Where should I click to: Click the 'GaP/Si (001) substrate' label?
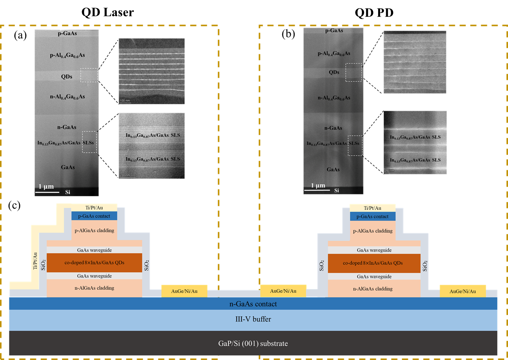(253, 343)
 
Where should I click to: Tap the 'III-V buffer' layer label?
(253, 319)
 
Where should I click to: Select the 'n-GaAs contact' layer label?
(253, 304)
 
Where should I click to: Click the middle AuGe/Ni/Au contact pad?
(283, 291)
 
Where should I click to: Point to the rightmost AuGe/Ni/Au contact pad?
(463, 291)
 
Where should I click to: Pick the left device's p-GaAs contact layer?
(94, 216)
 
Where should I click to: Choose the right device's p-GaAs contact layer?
(372, 217)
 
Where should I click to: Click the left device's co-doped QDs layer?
(94, 263)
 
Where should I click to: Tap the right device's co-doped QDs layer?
(374, 263)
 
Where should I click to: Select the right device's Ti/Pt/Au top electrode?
(372, 208)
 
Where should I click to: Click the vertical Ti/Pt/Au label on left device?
(35, 261)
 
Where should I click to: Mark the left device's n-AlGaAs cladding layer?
(94, 288)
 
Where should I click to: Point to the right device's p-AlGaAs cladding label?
(373, 231)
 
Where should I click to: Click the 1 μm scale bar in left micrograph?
(47, 192)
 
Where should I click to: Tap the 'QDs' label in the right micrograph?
(334, 72)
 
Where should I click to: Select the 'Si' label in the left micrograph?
(68, 192)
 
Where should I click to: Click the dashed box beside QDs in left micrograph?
(89, 75)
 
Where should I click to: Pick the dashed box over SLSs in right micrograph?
(355, 145)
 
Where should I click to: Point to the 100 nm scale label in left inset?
(125, 101)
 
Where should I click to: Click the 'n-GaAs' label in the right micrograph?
(333, 128)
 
